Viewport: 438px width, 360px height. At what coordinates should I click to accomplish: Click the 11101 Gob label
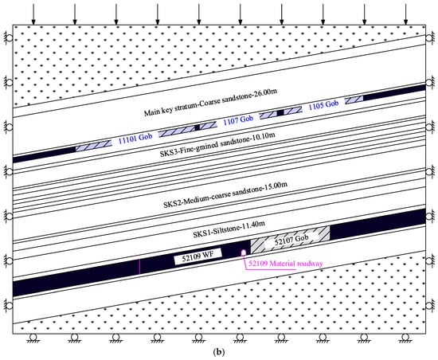(x=135, y=138)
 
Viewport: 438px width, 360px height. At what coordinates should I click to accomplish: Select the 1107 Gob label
(x=238, y=120)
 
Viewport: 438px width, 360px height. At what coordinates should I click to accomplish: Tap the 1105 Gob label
(x=323, y=105)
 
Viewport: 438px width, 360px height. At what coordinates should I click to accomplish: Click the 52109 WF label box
(x=198, y=256)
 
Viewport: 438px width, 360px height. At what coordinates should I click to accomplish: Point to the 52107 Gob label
(x=291, y=240)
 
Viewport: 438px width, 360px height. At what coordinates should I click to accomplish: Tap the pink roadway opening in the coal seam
(x=244, y=252)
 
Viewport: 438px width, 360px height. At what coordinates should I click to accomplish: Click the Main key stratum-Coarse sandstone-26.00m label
(x=210, y=102)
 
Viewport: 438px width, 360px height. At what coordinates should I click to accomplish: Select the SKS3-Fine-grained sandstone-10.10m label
(x=217, y=144)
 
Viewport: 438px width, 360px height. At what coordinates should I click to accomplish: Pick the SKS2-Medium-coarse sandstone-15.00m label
(x=225, y=195)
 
